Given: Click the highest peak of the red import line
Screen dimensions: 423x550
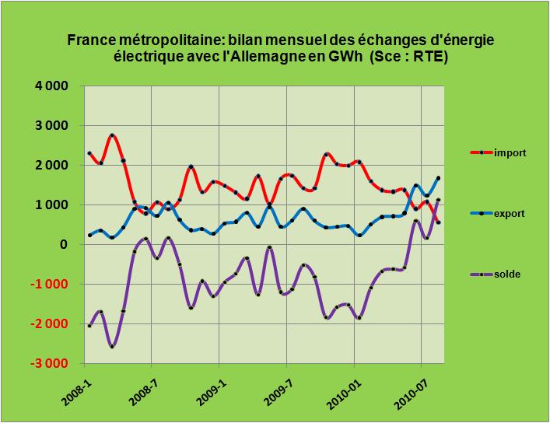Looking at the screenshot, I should point(112,136).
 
